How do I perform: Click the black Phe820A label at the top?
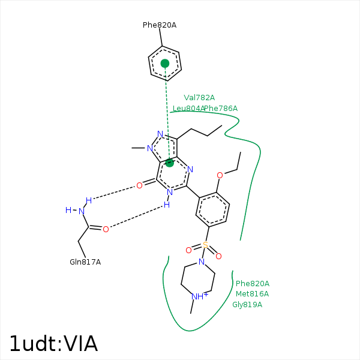coord(159,25)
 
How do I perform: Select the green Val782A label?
coord(199,97)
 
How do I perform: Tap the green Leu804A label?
coord(188,109)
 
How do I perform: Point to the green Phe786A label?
coord(221,109)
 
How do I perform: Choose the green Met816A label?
coord(252,294)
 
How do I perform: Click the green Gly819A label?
coord(247,305)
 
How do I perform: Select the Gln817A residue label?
coord(85,262)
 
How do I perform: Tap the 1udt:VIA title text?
coord(53,344)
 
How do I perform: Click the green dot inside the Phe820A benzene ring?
coord(165,63)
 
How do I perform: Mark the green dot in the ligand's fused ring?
coord(170,163)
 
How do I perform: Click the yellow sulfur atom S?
coord(205,245)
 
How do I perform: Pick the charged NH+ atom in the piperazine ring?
coord(199,296)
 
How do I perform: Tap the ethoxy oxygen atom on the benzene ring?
coord(220,175)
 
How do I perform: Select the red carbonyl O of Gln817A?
coord(106,229)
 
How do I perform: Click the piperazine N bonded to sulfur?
coord(202,262)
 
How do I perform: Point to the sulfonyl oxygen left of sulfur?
coord(188,250)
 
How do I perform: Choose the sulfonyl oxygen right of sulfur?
coord(218,256)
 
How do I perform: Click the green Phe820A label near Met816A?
coord(253,283)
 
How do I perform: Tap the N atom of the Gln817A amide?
coord(81,211)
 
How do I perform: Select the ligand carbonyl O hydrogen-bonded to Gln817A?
coord(139,185)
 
